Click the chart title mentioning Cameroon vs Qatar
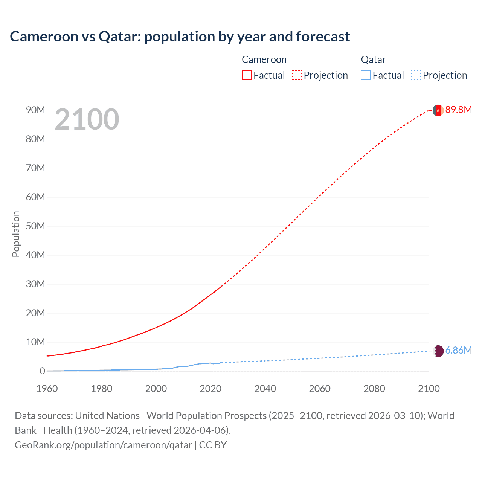(180, 37)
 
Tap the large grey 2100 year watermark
(87, 119)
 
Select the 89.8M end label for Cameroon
(458, 110)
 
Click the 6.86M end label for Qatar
(458, 350)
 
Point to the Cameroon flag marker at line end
(438, 110)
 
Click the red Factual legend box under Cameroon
(246, 75)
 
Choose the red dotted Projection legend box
(297, 75)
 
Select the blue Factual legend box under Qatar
(365, 75)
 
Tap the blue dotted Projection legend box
(416, 75)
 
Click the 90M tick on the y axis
(35, 110)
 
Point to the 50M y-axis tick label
(35, 226)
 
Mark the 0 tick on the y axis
(42, 371)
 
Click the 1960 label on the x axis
(47, 389)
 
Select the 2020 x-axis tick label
(210, 389)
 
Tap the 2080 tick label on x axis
(374, 389)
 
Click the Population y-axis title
(16, 234)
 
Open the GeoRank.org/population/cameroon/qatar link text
(104, 445)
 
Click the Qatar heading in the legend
(373, 59)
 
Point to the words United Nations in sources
(107, 416)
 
